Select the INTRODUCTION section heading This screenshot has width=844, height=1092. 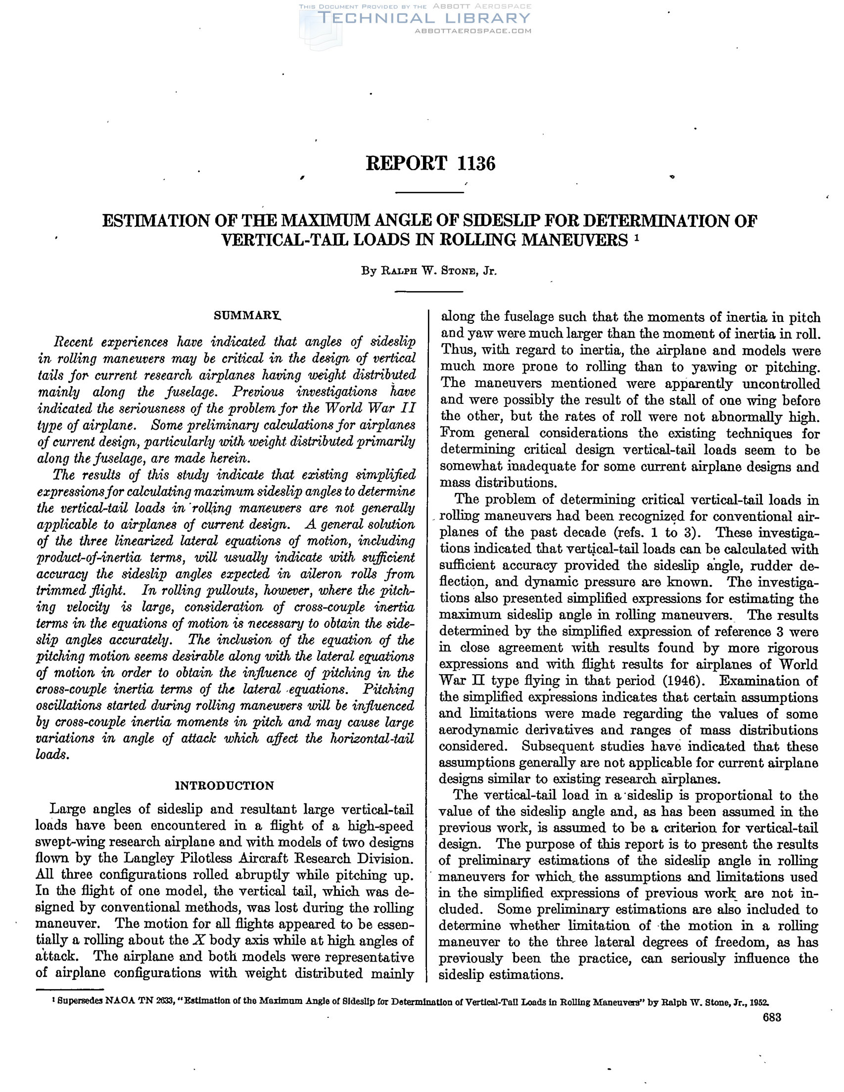click(225, 786)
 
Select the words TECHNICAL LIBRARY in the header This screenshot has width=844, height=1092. click(423, 18)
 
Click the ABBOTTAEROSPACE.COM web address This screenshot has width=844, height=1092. click(473, 31)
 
